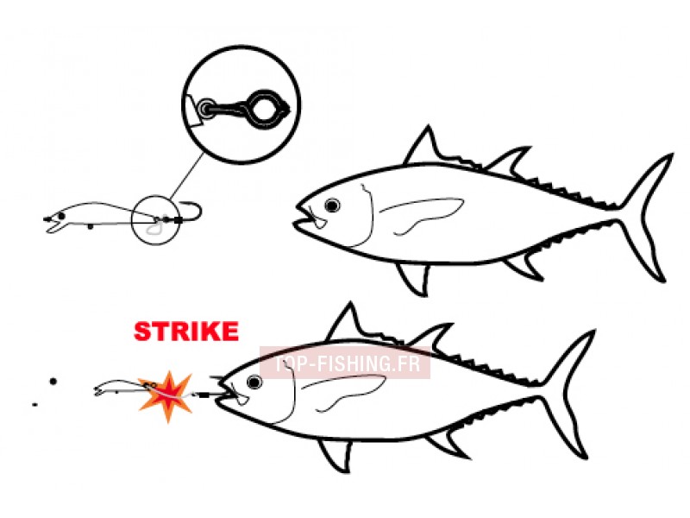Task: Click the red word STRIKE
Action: pyautogui.click(x=186, y=332)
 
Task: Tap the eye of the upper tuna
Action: pyautogui.click(x=332, y=205)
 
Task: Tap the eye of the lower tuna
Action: pyautogui.click(x=254, y=382)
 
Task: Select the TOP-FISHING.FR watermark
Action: pyautogui.click(x=345, y=363)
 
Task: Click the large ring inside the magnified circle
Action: pyautogui.click(x=263, y=109)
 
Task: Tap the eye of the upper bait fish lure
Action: pyautogui.click(x=61, y=216)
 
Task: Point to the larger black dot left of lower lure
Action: pyautogui.click(x=53, y=381)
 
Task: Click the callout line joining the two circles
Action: pyautogui.click(x=186, y=176)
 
